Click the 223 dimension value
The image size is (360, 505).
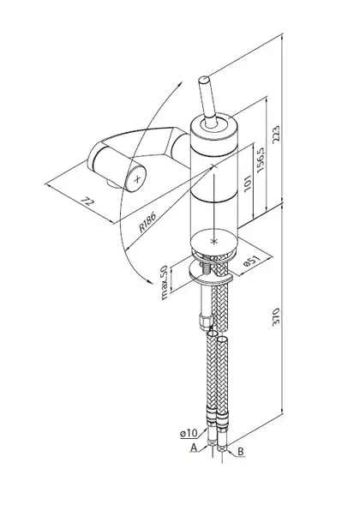277,135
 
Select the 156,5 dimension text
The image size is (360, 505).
261,159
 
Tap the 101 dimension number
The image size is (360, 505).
248,183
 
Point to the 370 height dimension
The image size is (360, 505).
276,317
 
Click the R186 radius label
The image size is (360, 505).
147,222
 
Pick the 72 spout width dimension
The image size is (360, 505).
87,202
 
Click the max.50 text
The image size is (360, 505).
165,282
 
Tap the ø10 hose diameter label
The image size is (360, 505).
189,434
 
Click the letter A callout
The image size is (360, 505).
194,448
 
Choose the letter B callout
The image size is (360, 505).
241,452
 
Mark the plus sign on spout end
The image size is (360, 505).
137,179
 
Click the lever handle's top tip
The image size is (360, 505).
204,79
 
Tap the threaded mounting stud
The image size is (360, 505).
205,268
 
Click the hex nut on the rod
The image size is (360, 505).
206,322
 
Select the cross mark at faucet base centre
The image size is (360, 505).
213,241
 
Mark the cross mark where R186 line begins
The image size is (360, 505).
213,166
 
